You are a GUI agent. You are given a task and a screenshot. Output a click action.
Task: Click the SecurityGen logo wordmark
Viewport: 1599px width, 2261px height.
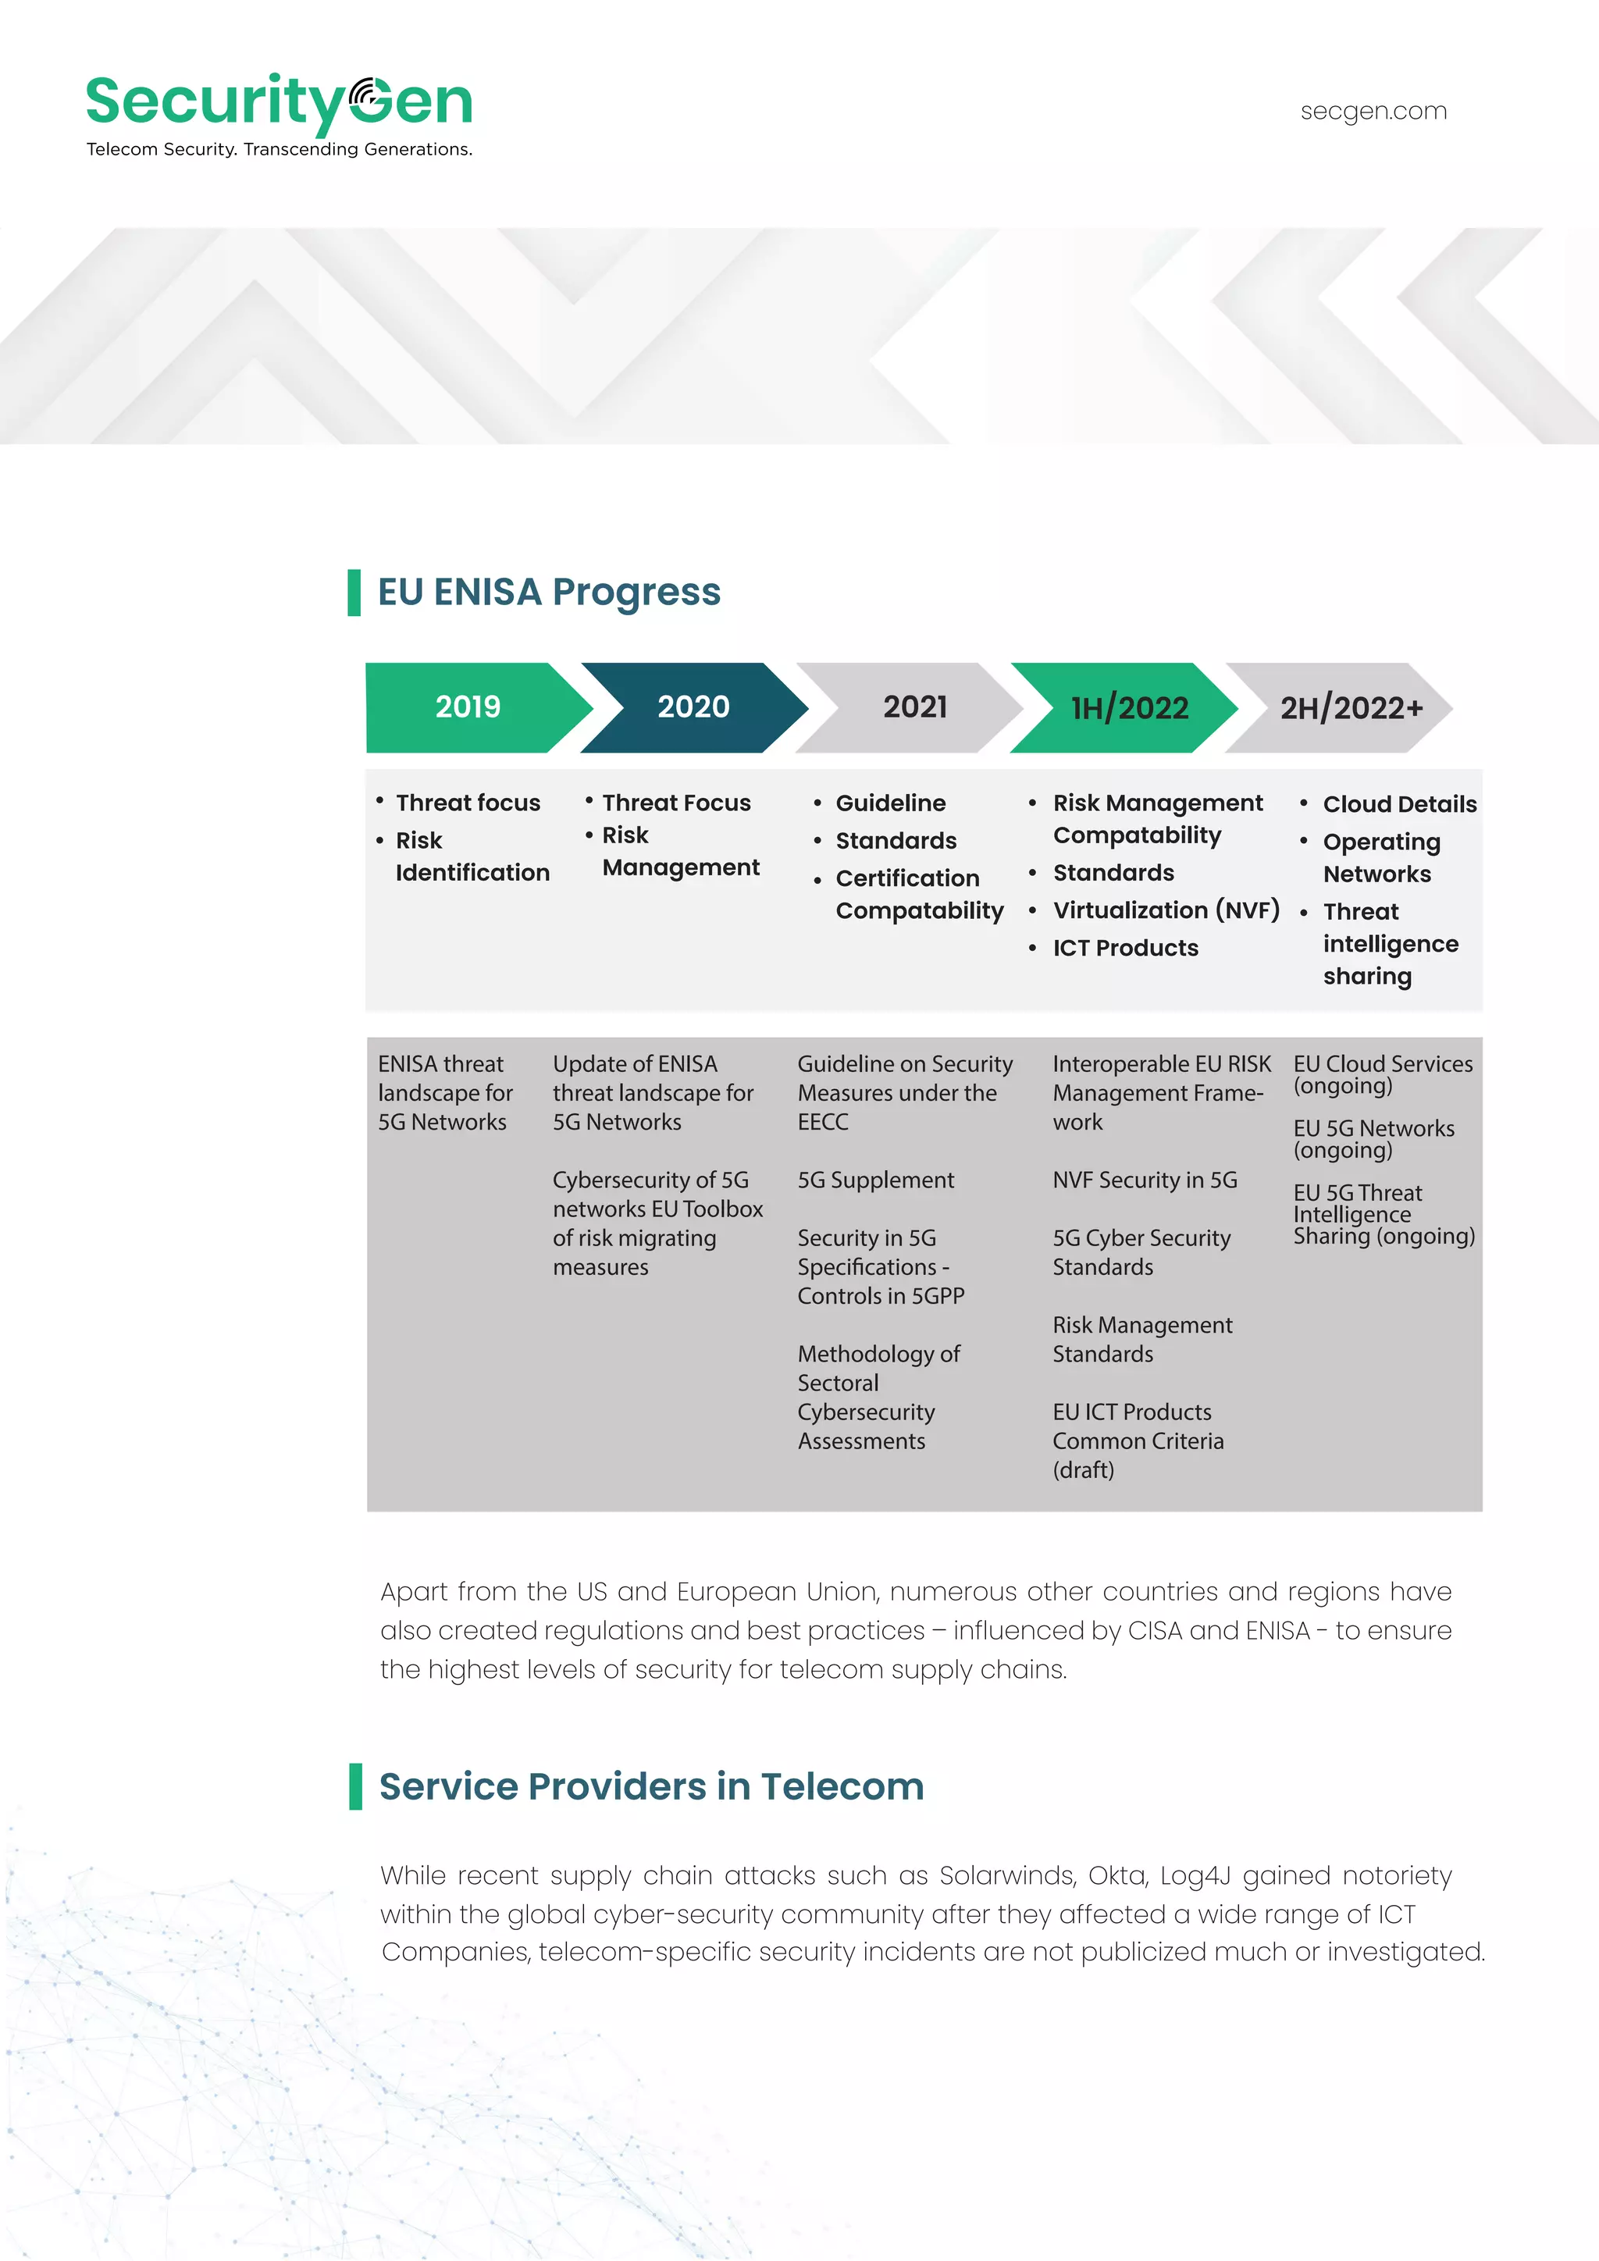click(x=279, y=101)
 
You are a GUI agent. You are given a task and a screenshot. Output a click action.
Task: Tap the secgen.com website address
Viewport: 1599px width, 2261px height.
click(x=1373, y=112)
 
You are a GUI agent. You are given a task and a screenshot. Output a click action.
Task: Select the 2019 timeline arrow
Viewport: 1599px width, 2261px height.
click(x=468, y=707)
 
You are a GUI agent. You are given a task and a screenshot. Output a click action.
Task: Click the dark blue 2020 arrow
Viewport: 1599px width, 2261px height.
click(x=693, y=707)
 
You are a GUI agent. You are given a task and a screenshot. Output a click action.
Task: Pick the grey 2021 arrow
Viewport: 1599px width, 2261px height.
click(x=915, y=707)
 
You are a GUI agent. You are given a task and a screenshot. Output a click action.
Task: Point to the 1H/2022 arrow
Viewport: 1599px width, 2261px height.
click(x=1129, y=708)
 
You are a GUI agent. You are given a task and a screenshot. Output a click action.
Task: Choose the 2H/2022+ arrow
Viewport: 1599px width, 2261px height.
click(x=1350, y=708)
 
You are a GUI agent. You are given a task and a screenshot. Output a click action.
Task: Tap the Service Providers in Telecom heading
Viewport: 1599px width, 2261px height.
click(x=651, y=1786)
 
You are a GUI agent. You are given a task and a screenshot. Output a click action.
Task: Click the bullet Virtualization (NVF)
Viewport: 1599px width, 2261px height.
click(x=1166, y=910)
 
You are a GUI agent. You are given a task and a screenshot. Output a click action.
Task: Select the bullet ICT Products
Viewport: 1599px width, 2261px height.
click(x=1125, y=947)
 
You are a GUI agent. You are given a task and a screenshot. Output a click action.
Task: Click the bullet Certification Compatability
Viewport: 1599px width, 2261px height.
click(x=919, y=894)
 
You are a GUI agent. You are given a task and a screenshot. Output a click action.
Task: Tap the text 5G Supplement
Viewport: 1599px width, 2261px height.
click(x=875, y=1180)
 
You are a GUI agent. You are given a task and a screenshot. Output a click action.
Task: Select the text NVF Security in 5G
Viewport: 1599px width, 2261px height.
click(x=1144, y=1180)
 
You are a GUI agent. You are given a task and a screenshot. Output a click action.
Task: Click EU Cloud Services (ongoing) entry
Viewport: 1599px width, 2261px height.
click(x=1383, y=1074)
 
